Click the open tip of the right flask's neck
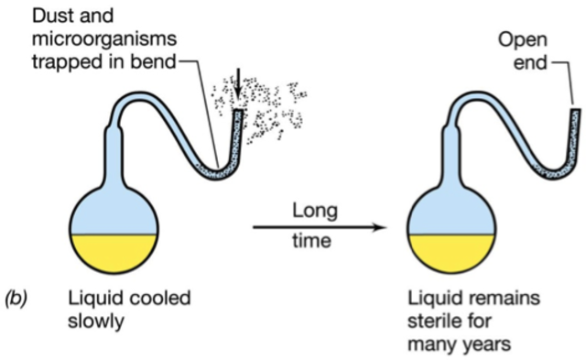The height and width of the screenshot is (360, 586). [577, 112]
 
